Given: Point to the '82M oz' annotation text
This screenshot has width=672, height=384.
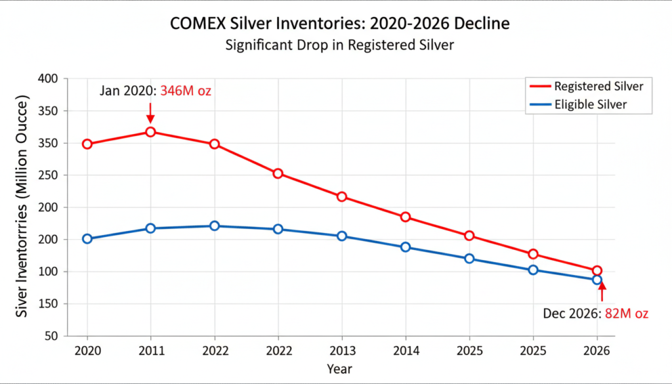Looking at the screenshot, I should (626, 314).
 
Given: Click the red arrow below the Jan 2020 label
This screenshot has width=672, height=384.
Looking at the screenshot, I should (150, 114).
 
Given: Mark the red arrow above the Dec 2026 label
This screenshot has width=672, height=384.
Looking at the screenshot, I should (602, 290).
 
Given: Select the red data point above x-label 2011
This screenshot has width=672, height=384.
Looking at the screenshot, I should (150, 132).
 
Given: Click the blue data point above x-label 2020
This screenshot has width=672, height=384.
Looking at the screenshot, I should (87, 239).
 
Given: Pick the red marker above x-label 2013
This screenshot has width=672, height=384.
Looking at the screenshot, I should (342, 197).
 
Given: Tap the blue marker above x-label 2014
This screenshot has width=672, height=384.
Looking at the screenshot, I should (406, 247).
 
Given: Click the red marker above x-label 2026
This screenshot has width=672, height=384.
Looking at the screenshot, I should (597, 270).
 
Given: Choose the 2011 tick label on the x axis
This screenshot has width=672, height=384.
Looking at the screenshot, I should (150, 351).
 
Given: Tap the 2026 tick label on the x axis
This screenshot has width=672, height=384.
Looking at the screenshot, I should (597, 351).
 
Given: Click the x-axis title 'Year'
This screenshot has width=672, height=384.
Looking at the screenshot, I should (341, 369).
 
